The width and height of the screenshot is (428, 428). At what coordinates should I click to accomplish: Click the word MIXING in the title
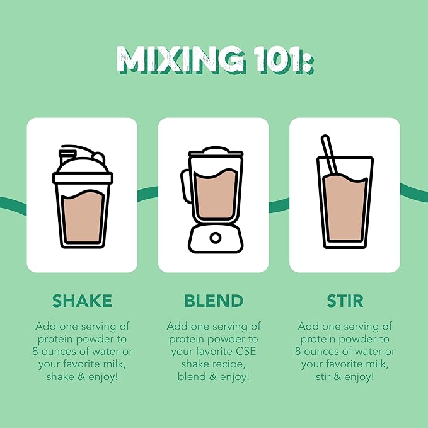point(180,60)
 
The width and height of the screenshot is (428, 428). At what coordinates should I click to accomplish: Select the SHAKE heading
point(82,301)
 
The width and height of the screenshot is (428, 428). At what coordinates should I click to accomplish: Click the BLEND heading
point(214,301)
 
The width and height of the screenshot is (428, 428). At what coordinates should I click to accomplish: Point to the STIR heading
point(345,301)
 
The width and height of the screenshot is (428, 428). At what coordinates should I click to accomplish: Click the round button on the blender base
point(216,238)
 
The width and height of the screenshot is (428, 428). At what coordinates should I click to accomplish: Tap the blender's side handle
point(185,186)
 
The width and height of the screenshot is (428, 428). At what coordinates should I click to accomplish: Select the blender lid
point(216,152)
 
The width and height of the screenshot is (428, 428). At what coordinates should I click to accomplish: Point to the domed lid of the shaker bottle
point(83,165)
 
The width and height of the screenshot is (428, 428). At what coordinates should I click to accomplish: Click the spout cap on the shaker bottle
point(67,156)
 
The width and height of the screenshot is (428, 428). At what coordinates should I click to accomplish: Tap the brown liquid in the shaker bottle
point(83,216)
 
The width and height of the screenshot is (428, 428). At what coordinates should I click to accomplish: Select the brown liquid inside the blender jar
point(216,194)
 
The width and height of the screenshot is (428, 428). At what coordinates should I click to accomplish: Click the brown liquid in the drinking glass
point(345,208)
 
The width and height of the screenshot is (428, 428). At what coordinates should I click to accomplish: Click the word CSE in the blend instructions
point(247,351)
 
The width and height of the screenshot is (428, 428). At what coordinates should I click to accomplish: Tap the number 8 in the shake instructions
point(35,351)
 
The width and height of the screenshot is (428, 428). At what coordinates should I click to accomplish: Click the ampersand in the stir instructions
point(337,377)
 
